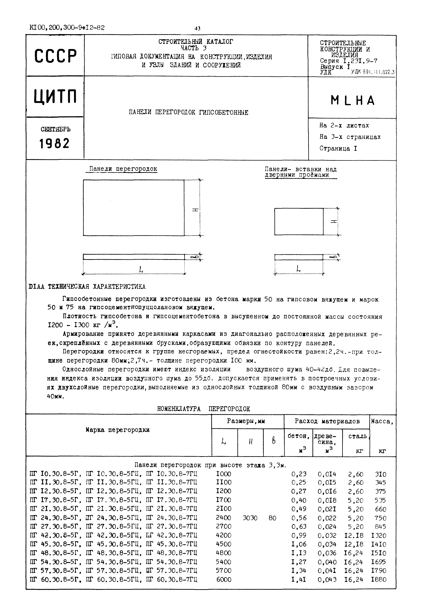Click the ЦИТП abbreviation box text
pyautogui.click(x=55, y=96)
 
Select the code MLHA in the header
pyautogui.click(x=353, y=101)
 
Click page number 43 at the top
pyautogui.click(x=197, y=28)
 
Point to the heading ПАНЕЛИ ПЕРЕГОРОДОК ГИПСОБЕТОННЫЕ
pyautogui.click(x=188, y=113)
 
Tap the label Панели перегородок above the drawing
pyautogui.click(x=123, y=169)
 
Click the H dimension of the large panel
pyautogui.click(x=195, y=210)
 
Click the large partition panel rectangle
pyautogui.click(x=134, y=208)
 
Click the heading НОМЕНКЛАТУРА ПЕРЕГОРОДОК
pyautogui.click(x=203, y=409)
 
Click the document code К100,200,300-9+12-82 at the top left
pyautogui.click(x=67, y=28)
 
